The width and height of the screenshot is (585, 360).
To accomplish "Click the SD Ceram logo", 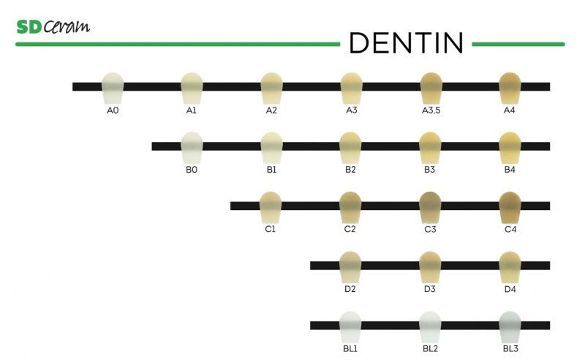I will click(53, 27).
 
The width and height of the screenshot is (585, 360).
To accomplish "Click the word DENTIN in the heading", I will click(406, 43).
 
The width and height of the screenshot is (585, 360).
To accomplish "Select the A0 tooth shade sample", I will click(113, 89).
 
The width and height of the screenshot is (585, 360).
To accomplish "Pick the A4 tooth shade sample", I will click(509, 89).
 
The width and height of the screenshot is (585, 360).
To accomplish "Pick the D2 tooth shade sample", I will click(350, 267).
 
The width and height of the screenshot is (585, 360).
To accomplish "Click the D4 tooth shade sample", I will click(509, 267).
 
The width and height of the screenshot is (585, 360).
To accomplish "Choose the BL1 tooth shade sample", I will click(350, 326).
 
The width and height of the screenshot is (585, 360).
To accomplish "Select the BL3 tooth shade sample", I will click(509, 326).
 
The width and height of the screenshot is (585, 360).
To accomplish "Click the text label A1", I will click(192, 110).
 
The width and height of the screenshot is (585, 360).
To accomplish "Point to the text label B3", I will click(430, 170).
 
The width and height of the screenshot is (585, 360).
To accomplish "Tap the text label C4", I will click(510, 230).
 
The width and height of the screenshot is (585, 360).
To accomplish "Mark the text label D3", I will click(430, 289).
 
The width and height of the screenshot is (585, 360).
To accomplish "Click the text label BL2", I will click(430, 349).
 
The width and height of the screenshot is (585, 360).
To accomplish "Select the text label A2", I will click(271, 110).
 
